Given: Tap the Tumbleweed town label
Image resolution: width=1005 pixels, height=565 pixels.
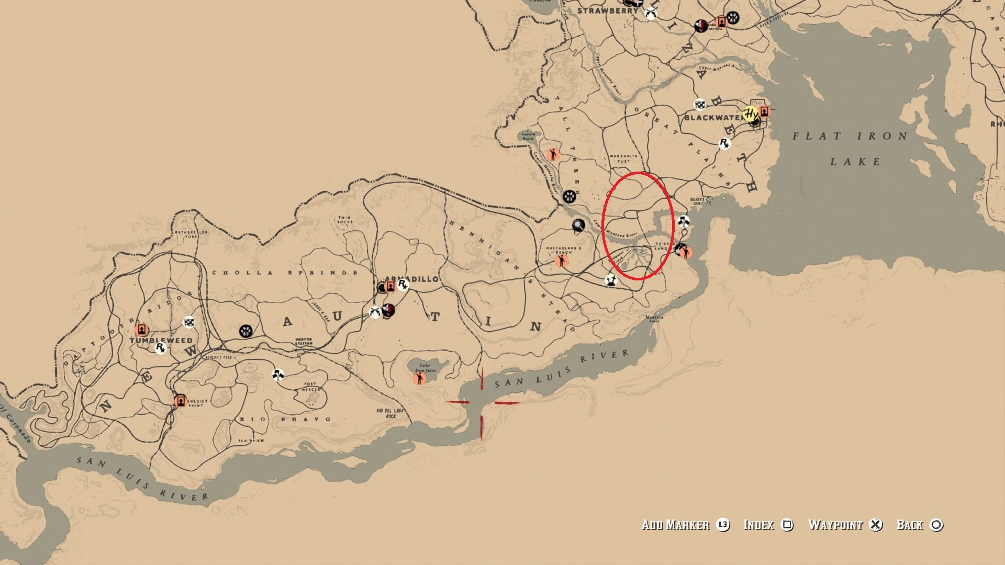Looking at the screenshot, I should coord(161,340).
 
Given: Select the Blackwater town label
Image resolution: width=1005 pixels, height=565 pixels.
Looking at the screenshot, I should coord(713,118).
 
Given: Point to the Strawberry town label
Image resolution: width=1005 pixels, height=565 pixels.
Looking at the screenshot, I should coord(608,10).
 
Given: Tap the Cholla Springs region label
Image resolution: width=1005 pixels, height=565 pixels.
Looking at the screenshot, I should coord(285,273).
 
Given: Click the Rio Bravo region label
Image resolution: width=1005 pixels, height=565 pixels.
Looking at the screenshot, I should coord(285,419).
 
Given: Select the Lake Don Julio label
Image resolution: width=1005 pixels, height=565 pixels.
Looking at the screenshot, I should coord(426,368).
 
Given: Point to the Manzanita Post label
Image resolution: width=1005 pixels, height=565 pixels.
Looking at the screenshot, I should coord(623,159).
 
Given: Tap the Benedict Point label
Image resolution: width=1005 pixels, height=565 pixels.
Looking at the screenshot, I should coord(197,402).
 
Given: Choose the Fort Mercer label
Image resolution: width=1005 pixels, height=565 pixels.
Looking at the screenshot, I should coord(310,387).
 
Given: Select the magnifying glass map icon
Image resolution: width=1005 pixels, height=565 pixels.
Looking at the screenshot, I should coord(578,225).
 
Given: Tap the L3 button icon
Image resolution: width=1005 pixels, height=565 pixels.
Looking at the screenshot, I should coord(723,525).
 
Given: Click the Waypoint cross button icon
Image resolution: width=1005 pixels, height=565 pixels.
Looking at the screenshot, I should coord(876,525).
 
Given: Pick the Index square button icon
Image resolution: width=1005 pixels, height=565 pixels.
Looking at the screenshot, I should coord(787,525).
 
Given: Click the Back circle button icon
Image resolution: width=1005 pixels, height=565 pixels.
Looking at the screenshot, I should coord(936,525).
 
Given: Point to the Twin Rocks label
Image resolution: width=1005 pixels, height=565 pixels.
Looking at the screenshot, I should coord(344,220).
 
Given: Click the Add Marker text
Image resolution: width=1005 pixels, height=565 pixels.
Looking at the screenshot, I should coord(675,525).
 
